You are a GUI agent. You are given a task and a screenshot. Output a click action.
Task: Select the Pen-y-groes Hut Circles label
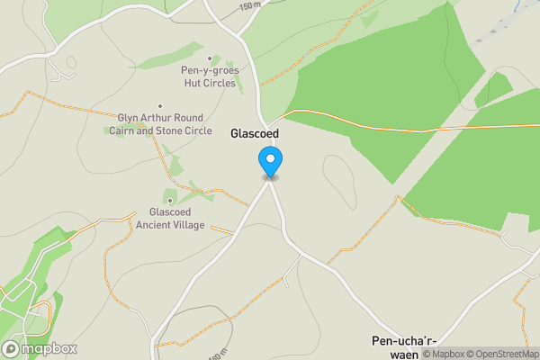click(209, 76)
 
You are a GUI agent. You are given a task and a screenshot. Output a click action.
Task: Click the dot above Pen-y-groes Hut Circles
click(210, 58)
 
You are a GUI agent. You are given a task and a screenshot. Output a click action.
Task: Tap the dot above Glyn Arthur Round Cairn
click(160, 106)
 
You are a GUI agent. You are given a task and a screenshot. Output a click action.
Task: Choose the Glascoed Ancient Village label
click(171, 218)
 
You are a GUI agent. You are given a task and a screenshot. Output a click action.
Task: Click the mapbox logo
click(39, 348)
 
